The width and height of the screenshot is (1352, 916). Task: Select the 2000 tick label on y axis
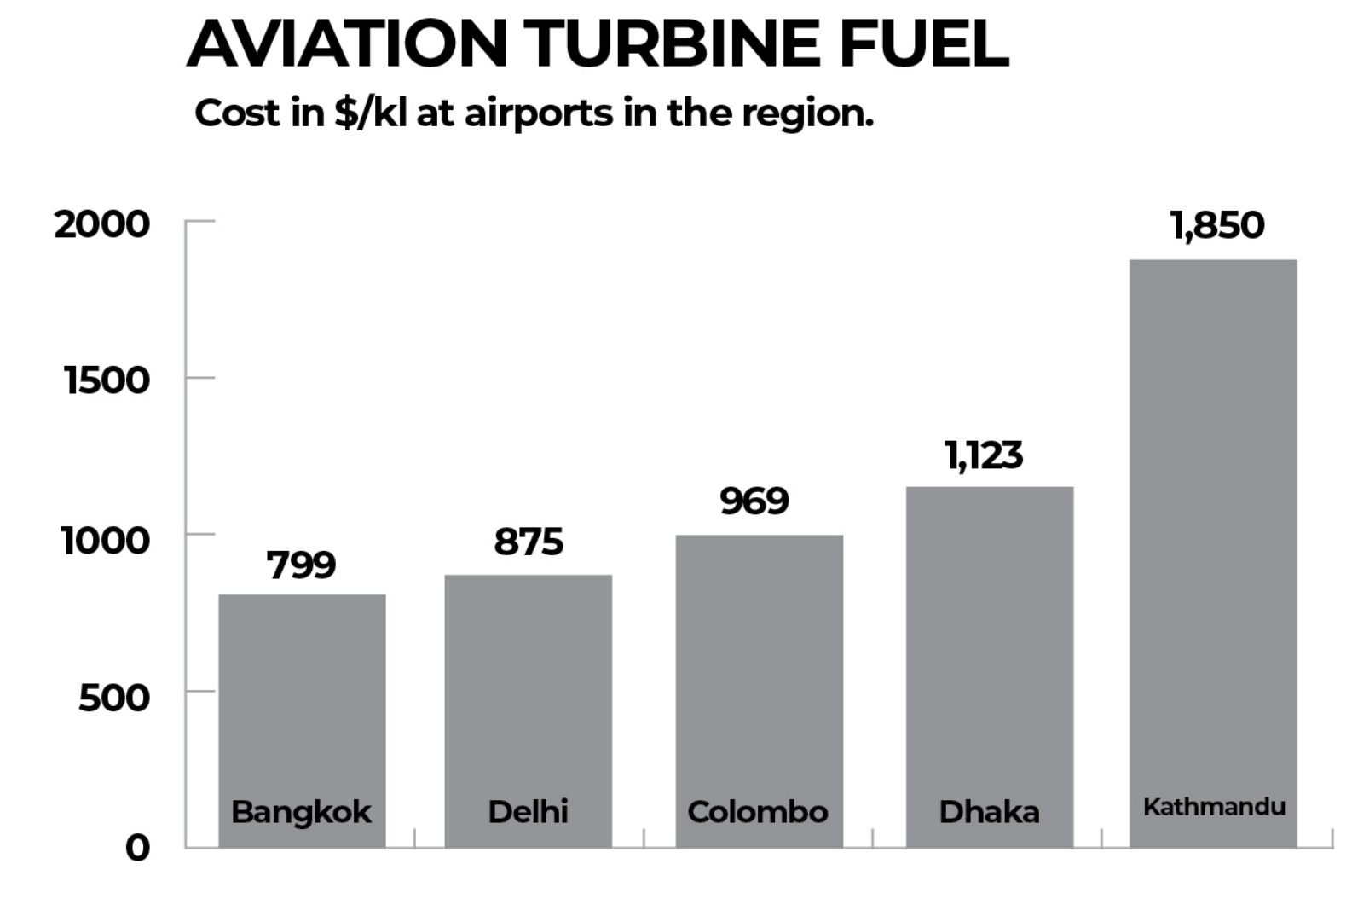point(101,224)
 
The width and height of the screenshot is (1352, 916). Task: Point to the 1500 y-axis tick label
point(107,380)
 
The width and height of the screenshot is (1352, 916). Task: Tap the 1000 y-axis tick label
point(105,540)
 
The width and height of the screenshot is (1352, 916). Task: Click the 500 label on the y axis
point(113,698)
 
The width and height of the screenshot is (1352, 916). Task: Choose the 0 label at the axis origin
point(137,848)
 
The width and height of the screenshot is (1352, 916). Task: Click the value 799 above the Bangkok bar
point(301,565)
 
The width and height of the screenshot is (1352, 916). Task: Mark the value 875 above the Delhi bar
point(529,542)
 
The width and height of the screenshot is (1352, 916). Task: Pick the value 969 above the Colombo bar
point(754,501)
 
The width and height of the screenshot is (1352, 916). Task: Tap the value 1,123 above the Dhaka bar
point(983,455)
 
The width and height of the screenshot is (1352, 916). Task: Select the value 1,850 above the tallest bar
point(1216,225)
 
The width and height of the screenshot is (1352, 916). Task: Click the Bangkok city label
point(301,812)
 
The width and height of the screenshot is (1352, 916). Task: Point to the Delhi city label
point(528,811)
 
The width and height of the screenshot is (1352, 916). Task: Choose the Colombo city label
point(757,811)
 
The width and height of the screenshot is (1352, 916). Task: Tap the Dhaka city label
point(989,811)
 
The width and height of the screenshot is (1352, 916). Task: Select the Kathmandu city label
point(1214,806)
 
